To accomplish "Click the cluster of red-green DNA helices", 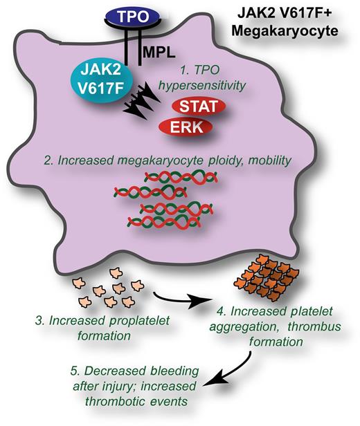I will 166,201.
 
